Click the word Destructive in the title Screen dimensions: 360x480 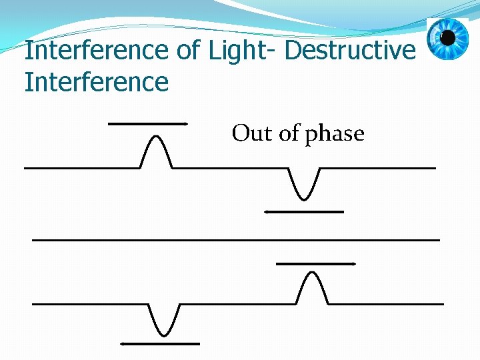click(349, 51)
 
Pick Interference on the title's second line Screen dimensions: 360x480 click(97, 83)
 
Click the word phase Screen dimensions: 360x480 click(335, 135)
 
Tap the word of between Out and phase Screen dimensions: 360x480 click(289, 133)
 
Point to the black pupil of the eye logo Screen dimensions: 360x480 click(447, 37)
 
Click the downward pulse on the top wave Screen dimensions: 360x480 click(305, 184)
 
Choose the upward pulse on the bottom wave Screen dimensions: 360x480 click(311, 287)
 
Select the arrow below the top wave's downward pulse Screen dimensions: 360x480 click(303, 212)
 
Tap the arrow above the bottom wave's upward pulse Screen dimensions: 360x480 click(316, 264)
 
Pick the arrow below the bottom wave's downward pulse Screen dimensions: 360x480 click(160, 344)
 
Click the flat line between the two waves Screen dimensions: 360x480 click(236, 239)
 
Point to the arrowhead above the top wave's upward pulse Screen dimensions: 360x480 click(187, 124)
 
